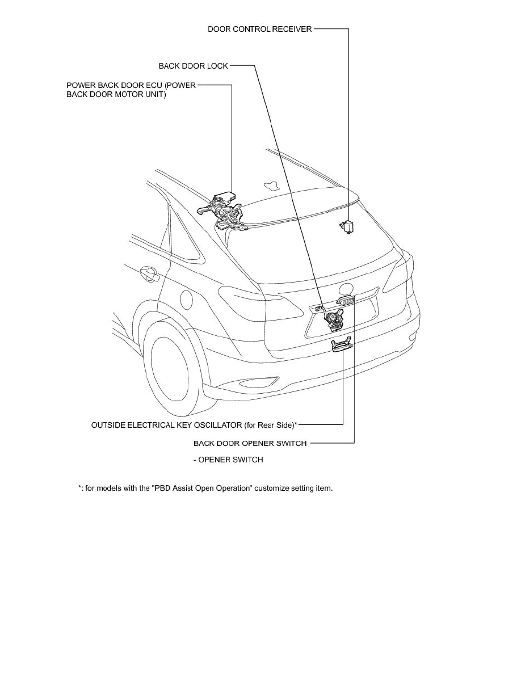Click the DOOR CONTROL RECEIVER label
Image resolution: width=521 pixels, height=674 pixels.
(259, 29)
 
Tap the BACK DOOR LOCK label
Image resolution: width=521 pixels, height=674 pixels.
(193, 66)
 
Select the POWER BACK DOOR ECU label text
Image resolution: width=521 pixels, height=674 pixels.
(131, 90)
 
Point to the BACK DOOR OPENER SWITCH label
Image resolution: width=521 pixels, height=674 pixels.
(250, 443)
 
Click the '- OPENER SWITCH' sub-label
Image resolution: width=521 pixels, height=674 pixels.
(228, 460)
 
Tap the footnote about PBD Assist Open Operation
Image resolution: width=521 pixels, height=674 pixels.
(205, 488)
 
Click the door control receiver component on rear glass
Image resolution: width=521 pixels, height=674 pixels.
(346, 225)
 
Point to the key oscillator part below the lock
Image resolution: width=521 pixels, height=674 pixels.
(341, 346)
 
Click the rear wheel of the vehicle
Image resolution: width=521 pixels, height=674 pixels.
(172, 372)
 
